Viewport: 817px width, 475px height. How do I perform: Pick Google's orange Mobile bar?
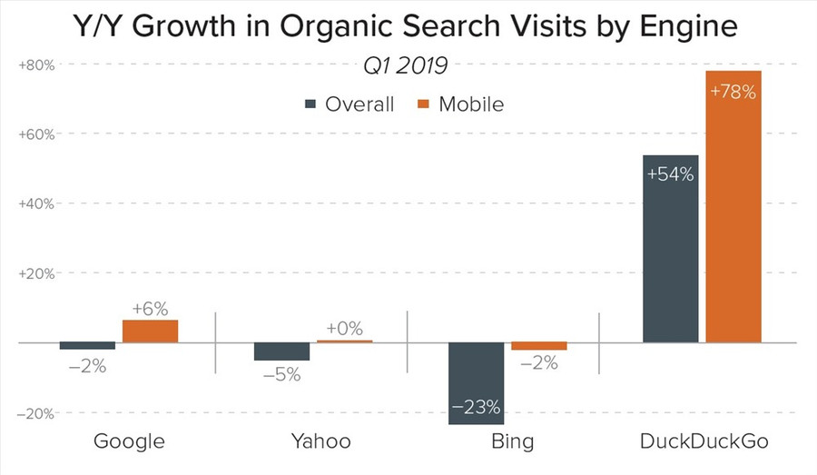click(x=150, y=332)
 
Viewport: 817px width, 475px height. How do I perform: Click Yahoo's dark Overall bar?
click(x=281, y=351)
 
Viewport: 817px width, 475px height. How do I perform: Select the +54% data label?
click(x=670, y=174)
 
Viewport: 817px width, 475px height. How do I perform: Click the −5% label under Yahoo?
click(x=281, y=373)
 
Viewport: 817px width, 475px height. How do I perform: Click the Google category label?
click(x=129, y=442)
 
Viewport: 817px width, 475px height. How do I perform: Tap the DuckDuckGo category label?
click(x=704, y=442)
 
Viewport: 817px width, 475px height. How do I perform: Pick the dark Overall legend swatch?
click(x=310, y=104)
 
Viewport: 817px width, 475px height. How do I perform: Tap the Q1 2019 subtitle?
click(x=406, y=66)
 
